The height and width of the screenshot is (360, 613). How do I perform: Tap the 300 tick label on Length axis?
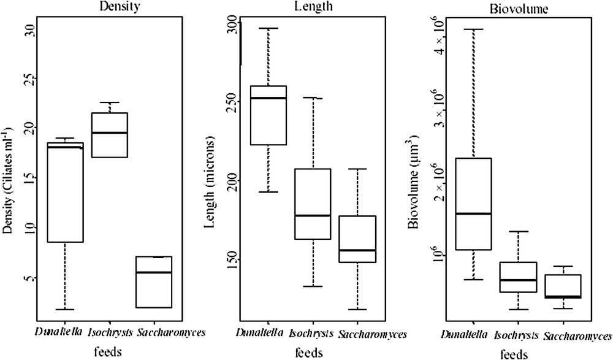coord(231,24)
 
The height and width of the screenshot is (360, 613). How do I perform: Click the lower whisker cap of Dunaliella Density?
coord(65,310)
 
